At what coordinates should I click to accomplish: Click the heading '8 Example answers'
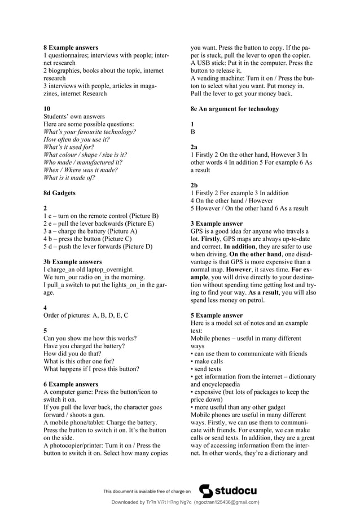point(71,48)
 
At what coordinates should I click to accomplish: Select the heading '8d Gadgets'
point(59,193)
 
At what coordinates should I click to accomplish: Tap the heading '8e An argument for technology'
point(234,108)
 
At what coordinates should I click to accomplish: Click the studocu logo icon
point(207,491)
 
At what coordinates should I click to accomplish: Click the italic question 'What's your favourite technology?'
point(90,132)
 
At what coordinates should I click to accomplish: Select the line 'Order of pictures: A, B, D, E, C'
point(86,315)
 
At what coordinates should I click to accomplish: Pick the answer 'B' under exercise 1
point(193,131)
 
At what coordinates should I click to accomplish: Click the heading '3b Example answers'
point(73,262)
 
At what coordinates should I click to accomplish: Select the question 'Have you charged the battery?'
point(84,346)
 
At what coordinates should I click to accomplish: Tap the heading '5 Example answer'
point(217,315)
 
